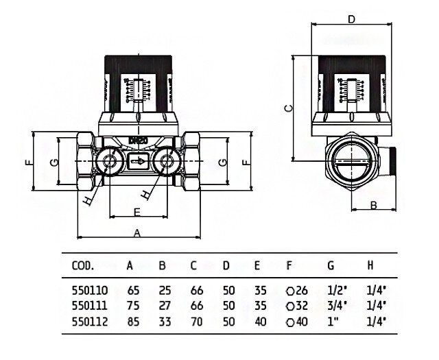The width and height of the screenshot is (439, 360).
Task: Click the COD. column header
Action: (82, 265)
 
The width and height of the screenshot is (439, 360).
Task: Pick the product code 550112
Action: (85, 320)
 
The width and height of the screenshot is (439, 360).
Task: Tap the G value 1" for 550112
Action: (333, 320)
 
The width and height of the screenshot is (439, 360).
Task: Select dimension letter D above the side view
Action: (351, 19)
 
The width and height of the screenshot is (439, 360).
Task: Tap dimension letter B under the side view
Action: (374, 205)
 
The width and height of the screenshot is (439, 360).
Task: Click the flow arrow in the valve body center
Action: (137, 163)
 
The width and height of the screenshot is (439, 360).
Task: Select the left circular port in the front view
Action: (108, 162)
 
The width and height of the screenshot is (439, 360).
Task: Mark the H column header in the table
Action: (371, 265)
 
